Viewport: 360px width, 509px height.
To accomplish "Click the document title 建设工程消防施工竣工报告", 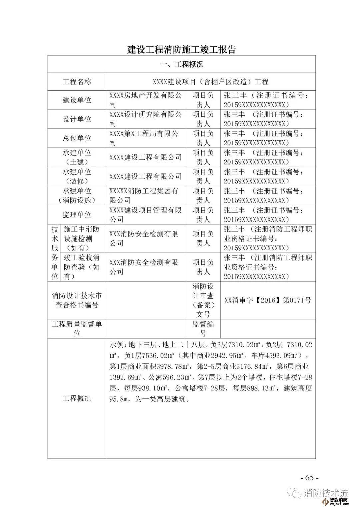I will pos(182,49).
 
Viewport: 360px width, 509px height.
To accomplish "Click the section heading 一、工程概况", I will pos(182,64).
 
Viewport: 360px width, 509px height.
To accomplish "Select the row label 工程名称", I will pos(77,82).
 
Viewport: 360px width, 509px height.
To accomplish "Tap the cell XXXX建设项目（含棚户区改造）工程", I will pos(211,82).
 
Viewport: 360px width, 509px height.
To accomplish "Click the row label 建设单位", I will pos(77,100).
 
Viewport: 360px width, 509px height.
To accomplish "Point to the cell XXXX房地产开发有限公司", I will pos(145,100).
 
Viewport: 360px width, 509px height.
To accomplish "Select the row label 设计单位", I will pos(77,119).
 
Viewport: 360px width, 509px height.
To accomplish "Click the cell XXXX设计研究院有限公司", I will pos(145,119).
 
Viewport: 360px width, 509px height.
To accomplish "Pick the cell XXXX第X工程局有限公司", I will pos(145,138).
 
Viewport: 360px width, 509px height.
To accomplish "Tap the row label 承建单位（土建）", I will pos(77,157).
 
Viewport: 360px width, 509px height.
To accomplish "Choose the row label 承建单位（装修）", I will pos(77,176).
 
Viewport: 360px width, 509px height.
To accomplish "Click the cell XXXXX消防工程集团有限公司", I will pos(145,196).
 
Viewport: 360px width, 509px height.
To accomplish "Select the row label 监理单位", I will pos(77,215).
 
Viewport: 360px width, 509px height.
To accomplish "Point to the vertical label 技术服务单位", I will pos(55,253).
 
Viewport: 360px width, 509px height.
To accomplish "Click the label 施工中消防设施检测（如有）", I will pos(82,238).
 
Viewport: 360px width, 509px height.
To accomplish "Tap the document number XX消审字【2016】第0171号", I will pos(268,300).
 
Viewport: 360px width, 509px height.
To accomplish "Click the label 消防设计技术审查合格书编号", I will pos(77,300).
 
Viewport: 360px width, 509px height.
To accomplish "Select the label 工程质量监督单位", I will pos(77,329).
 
